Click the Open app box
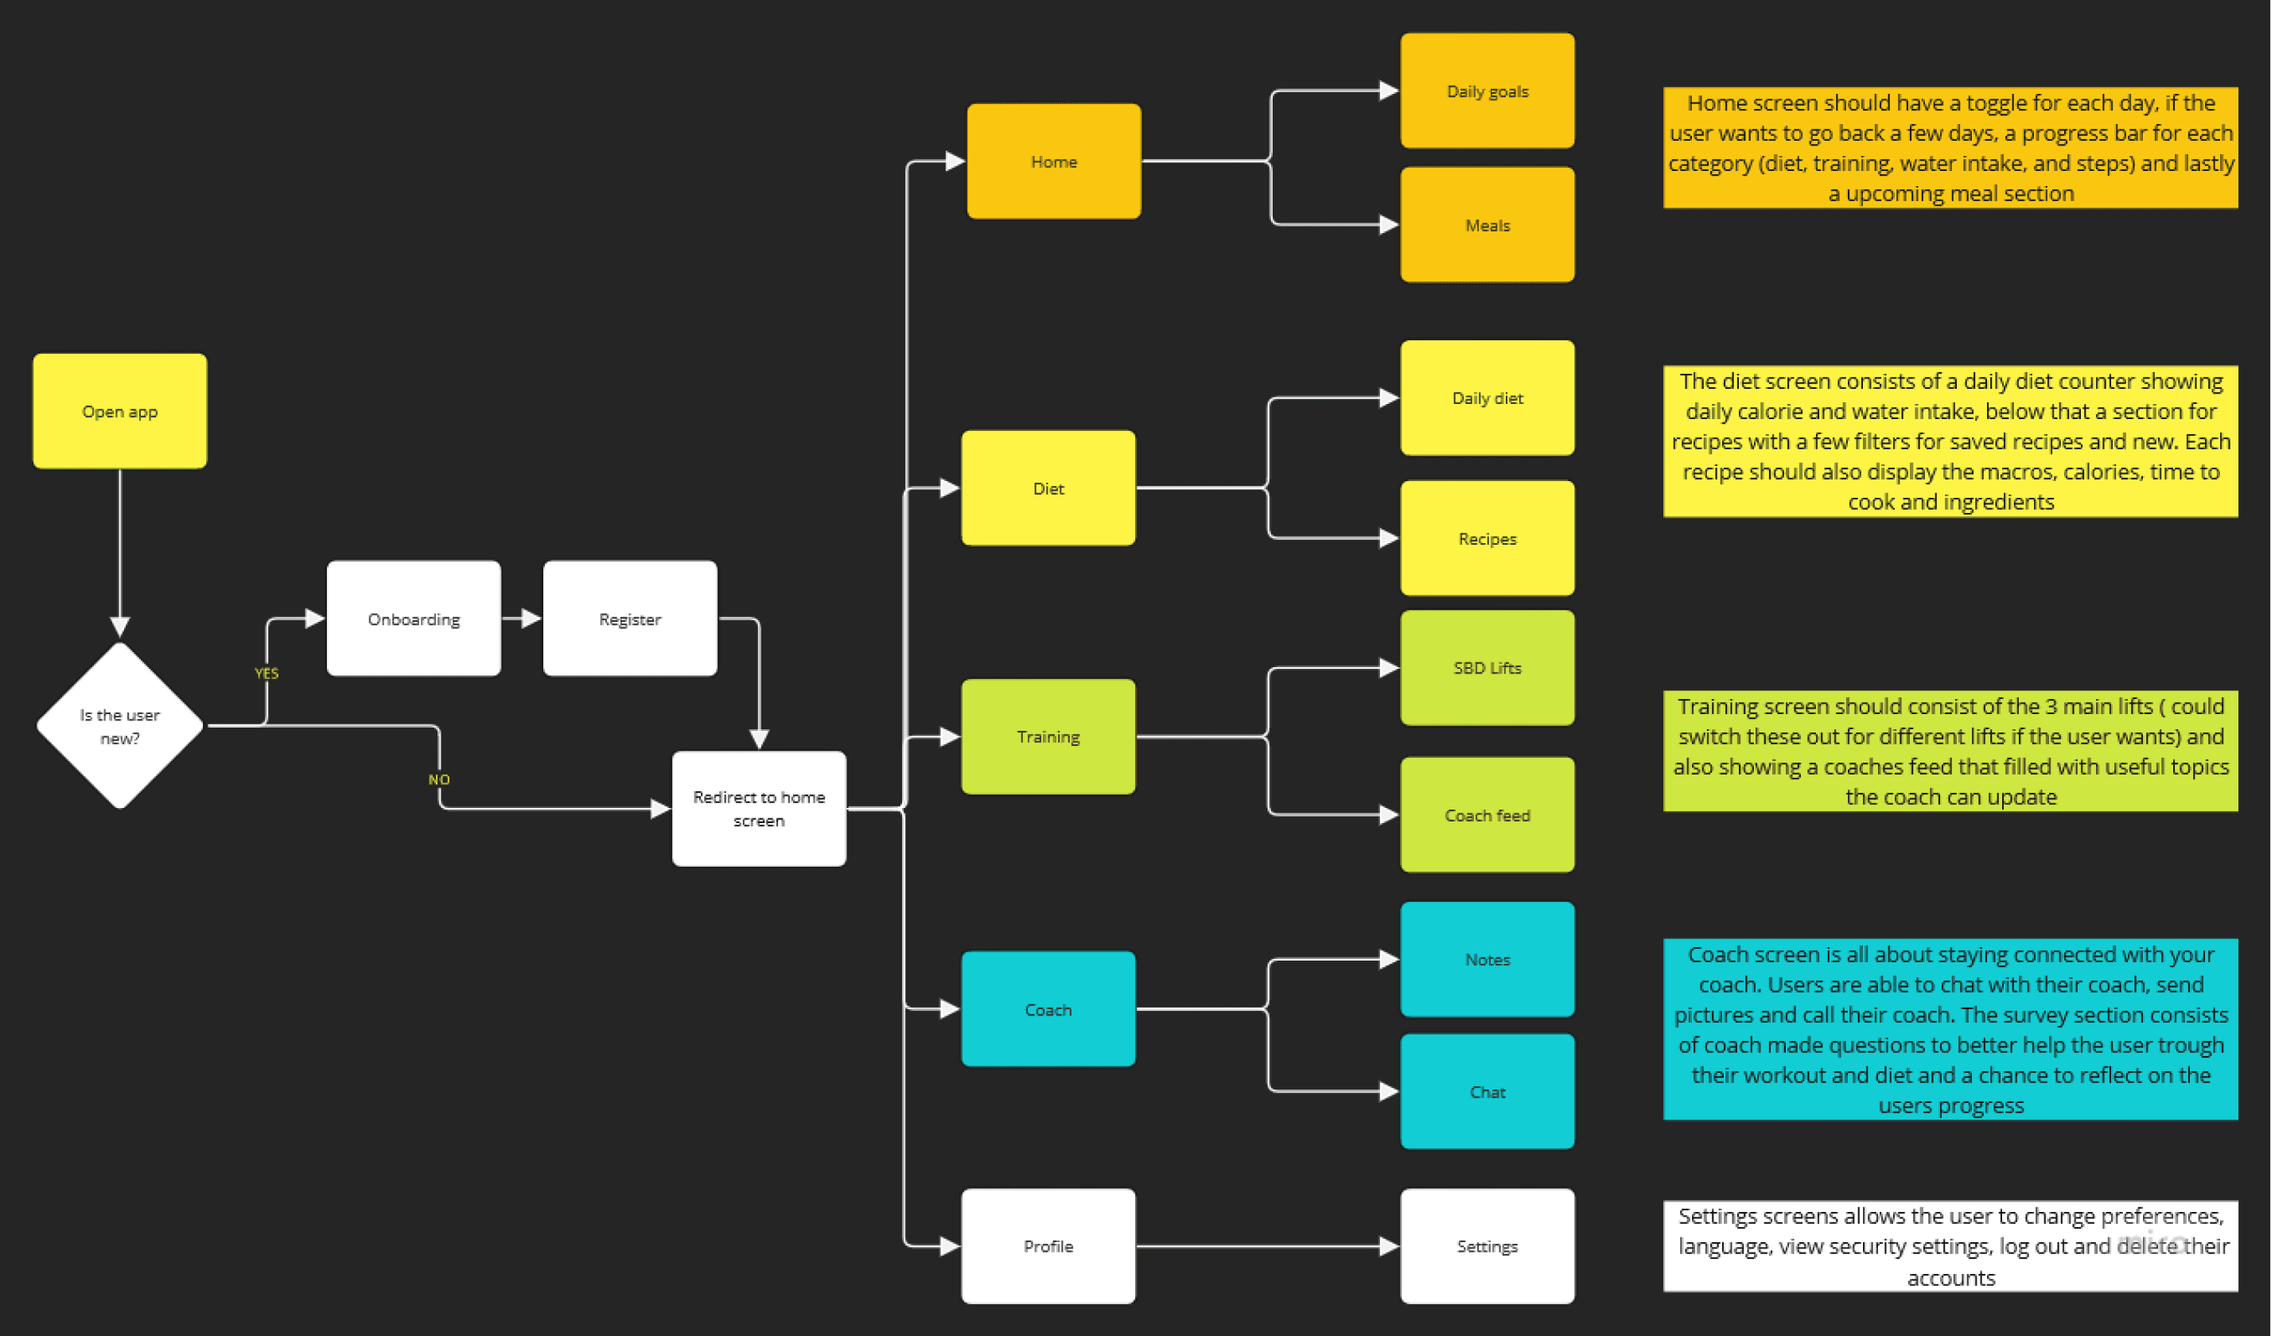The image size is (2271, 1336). [120, 411]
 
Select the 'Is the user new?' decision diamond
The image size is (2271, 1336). [120, 725]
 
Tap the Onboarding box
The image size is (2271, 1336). [414, 619]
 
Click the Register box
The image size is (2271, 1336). [630, 619]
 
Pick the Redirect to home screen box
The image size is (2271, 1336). [759, 808]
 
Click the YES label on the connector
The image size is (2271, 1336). [266, 673]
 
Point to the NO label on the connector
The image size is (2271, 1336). [439, 779]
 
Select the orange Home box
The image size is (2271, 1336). [1053, 161]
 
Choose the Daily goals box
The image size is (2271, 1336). [1487, 91]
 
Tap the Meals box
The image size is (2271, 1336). [1487, 225]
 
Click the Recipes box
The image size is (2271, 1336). [1487, 538]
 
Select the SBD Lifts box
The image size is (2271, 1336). [1487, 667]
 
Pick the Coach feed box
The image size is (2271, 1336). [1487, 815]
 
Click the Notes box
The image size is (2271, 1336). [1487, 959]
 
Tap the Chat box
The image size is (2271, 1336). [1487, 1092]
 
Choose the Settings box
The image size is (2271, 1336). [1487, 1246]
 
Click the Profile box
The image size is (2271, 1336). [1048, 1246]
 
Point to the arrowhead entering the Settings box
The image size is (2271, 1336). [1389, 1246]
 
